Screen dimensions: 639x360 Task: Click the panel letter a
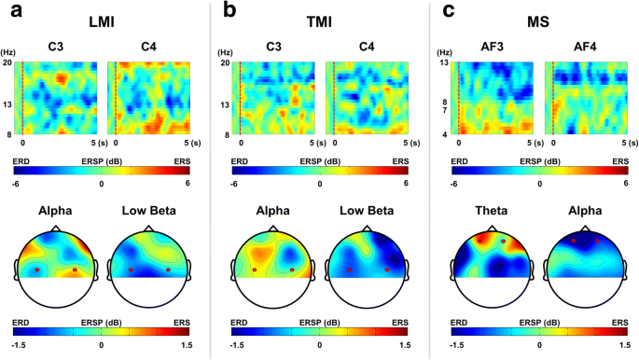point(17,11)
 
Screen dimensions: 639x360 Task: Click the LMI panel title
point(102,22)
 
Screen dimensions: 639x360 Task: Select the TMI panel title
point(319,22)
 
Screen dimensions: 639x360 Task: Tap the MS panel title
point(538,22)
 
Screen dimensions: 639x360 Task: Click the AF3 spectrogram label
point(492,47)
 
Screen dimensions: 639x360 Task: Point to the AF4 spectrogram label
point(585,47)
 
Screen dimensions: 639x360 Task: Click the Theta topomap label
point(491,211)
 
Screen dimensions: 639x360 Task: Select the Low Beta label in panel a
point(149,211)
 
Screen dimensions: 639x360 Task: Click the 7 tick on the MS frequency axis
point(445,110)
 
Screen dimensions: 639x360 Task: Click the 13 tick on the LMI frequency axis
point(8,104)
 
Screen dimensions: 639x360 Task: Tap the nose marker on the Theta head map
point(492,228)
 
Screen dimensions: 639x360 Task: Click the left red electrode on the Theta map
point(479,241)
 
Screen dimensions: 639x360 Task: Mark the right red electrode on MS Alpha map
point(597,241)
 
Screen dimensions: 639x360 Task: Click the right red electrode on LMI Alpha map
point(75,270)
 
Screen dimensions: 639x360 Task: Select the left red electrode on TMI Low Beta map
point(349,270)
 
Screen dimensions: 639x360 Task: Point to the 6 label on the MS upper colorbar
point(625,184)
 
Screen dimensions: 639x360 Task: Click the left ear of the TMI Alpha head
point(233,270)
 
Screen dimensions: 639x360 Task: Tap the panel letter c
point(448,11)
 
